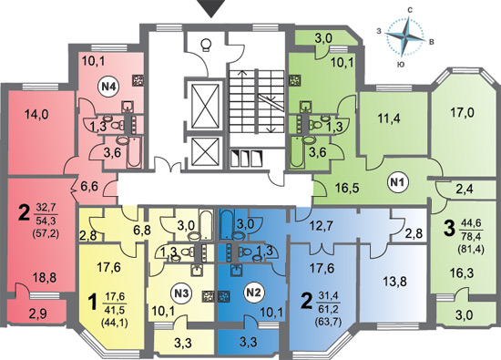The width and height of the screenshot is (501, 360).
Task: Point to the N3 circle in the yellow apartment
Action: (x=182, y=293)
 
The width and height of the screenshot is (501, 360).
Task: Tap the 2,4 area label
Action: (x=465, y=190)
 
